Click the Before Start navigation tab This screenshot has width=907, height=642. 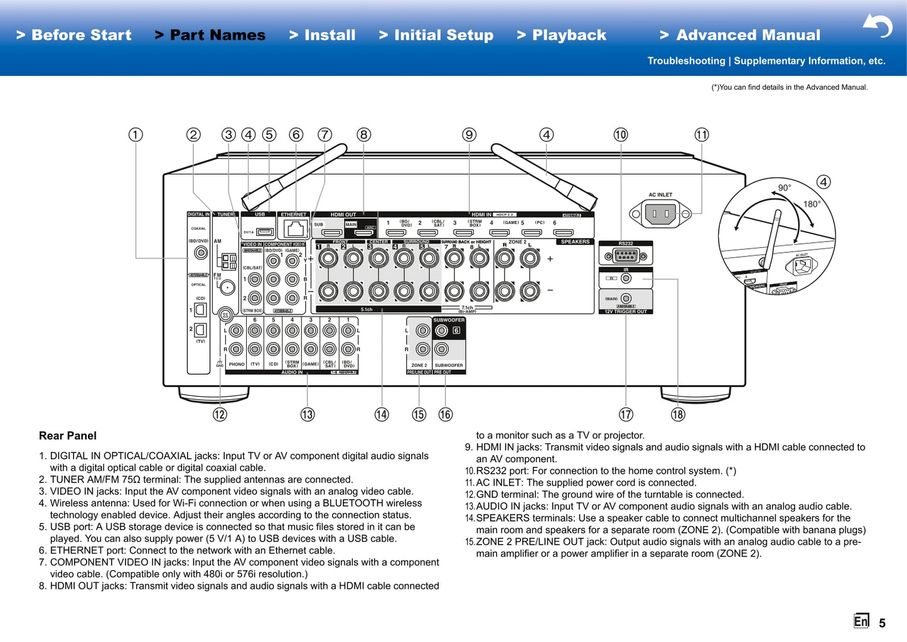pos(74,35)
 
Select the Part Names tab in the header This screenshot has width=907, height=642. pos(210,35)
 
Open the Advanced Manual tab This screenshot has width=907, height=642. pos(740,35)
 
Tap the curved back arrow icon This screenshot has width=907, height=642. pos(877,26)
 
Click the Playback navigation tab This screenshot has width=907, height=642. pos(562,35)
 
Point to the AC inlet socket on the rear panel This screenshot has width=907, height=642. pos(660,214)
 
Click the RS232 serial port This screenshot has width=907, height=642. pos(626,255)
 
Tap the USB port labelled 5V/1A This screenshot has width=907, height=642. pos(266,232)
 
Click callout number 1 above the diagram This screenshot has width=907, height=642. pos(136,135)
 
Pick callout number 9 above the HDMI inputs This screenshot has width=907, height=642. pos(470,135)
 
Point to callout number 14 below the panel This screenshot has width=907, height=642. pos(382,414)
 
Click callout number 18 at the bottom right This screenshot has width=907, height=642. pos(678,414)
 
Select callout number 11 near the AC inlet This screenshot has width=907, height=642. pos(701,135)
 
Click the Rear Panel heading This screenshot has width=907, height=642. pos(68,436)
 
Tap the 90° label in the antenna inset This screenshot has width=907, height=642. pos(785,188)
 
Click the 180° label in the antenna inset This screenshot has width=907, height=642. pos(812,204)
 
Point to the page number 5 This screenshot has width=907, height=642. pos(882,623)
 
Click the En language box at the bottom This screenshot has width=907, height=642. pos(861,621)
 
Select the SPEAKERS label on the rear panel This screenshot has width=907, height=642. pos(575,242)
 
